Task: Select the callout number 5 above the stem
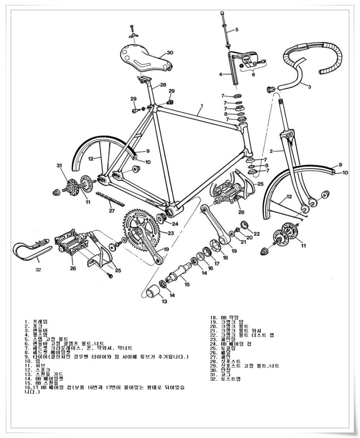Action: (237, 30)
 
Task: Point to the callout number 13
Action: (164, 302)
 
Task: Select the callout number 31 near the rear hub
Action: (59, 166)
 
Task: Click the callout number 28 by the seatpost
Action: (163, 85)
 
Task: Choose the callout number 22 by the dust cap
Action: (257, 233)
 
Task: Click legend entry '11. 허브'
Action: (36, 365)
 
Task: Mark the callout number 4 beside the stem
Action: (220, 74)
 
